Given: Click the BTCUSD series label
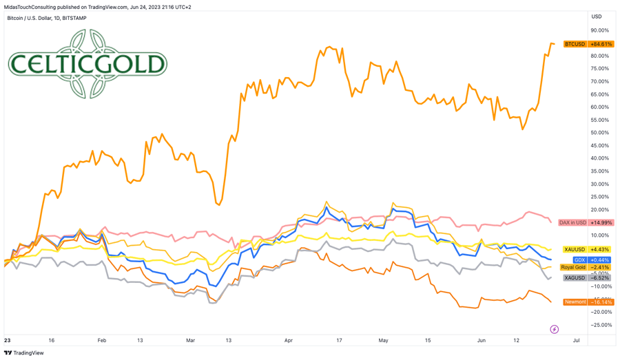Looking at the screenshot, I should (x=575, y=44).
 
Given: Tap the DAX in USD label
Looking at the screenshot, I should (x=572, y=223).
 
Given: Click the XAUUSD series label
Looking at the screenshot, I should (x=575, y=250).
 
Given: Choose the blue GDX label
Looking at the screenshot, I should (x=579, y=260).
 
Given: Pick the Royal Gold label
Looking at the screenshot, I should (x=573, y=267).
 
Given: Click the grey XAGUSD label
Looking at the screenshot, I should (x=575, y=278).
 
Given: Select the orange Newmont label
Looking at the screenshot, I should (x=575, y=302).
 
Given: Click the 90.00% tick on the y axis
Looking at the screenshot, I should (x=599, y=30).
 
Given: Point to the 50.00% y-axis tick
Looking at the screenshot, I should (x=599, y=133).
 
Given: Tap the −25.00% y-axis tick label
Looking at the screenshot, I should (x=599, y=325).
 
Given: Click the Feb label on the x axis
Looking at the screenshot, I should (x=102, y=340).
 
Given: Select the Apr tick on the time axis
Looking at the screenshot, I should (x=288, y=340).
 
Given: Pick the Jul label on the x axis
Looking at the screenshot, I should (x=576, y=340).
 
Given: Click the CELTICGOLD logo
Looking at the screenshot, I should (x=87, y=64).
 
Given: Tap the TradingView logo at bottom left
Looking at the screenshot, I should (x=24, y=353).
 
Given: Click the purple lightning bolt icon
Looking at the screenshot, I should (x=555, y=330).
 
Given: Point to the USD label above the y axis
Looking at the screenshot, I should (x=597, y=17).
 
